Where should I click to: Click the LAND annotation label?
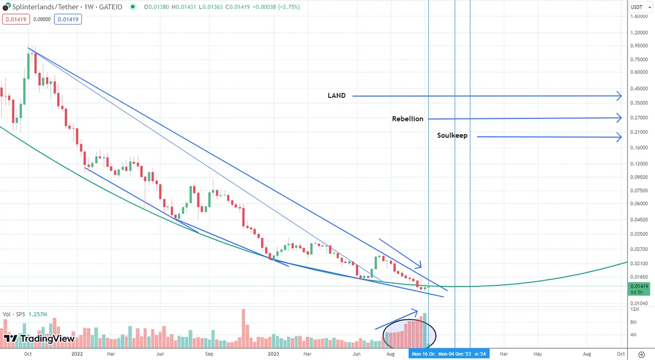click(336, 96)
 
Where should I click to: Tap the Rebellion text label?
click(407, 119)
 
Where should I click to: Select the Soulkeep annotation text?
click(452, 136)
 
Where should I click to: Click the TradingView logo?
click(39, 338)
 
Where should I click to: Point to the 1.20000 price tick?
click(639, 32)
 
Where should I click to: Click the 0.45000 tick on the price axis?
click(639, 89)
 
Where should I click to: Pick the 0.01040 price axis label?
click(639, 303)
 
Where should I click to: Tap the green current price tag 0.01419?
click(639, 289)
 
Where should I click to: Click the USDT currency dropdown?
click(639, 7)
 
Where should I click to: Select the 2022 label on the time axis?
click(77, 354)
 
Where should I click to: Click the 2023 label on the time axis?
click(273, 354)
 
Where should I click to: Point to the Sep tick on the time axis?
click(209, 354)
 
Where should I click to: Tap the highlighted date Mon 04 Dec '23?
click(455, 354)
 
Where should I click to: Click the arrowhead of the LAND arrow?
click(619, 96)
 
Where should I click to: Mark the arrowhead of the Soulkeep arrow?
click(619, 137)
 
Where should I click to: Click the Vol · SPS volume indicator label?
click(25, 314)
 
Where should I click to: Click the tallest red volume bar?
click(244, 328)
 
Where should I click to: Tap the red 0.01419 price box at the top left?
click(15, 19)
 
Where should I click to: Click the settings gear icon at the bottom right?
click(642, 354)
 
